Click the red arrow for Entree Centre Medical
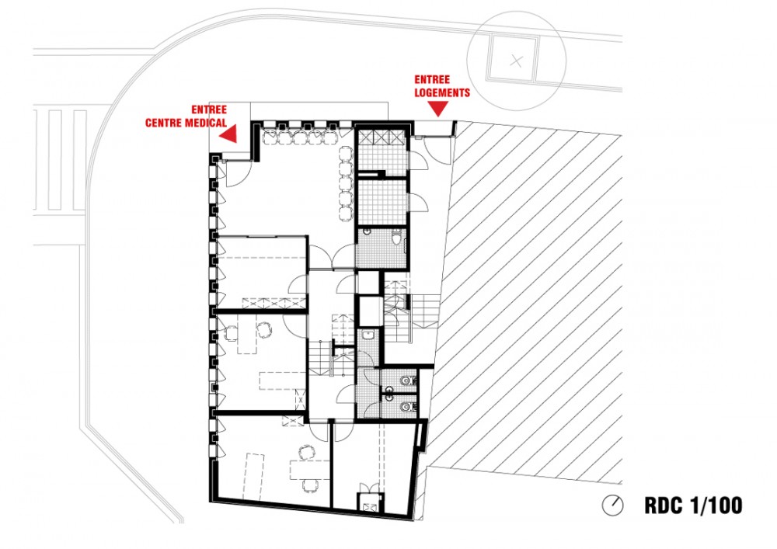click(229, 134)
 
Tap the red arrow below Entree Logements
click(438, 109)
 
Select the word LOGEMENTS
click(442, 92)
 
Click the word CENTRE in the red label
click(164, 122)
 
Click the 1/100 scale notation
click(716, 506)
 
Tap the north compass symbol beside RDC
click(613, 506)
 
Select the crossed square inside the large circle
click(514, 60)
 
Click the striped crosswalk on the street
click(61, 161)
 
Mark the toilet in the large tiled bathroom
click(397, 238)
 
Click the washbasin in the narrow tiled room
click(368, 335)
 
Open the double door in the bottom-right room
click(370, 488)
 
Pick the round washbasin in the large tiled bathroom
click(367, 231)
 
